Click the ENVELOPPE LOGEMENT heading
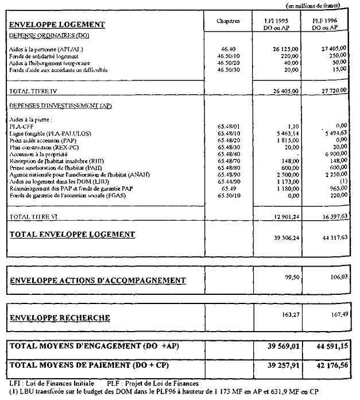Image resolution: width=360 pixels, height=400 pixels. [x=57, y=25]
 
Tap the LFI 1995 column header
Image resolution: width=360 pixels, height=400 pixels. [x=276, y=23]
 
